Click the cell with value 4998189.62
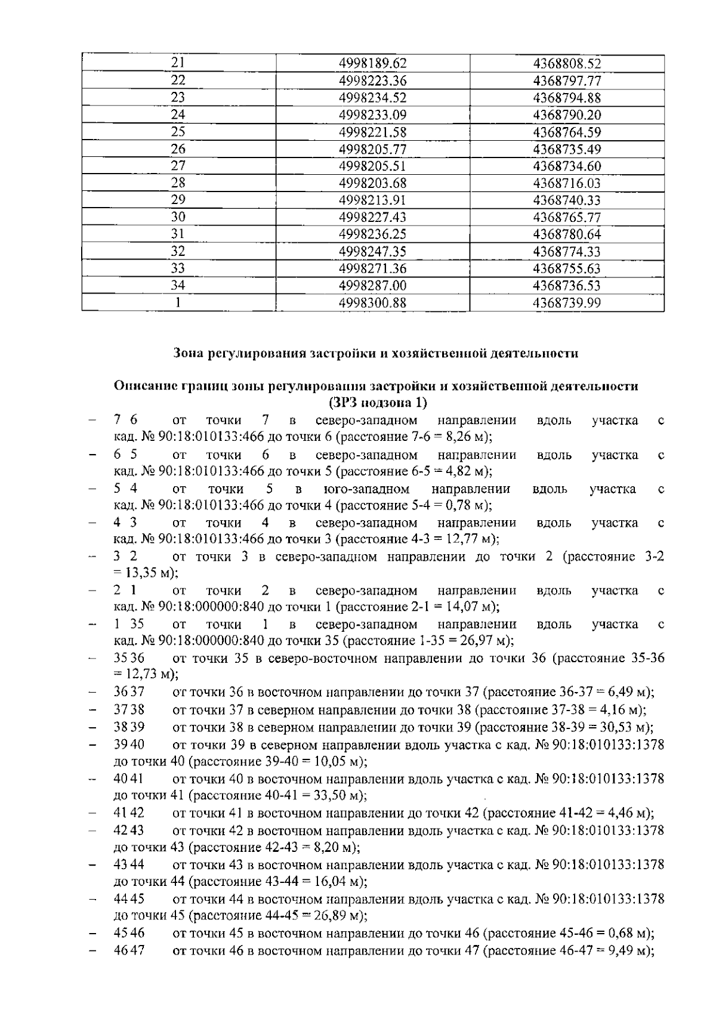coord(372,63)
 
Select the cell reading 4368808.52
coord(567,63)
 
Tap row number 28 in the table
coord(178,183)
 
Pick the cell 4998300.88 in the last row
coord(372,303)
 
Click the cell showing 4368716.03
coord(567,183)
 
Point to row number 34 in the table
coord(178,286)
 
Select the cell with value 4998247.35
coord(372,252)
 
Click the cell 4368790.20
coord(567,115)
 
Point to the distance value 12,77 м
coord(470,539)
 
